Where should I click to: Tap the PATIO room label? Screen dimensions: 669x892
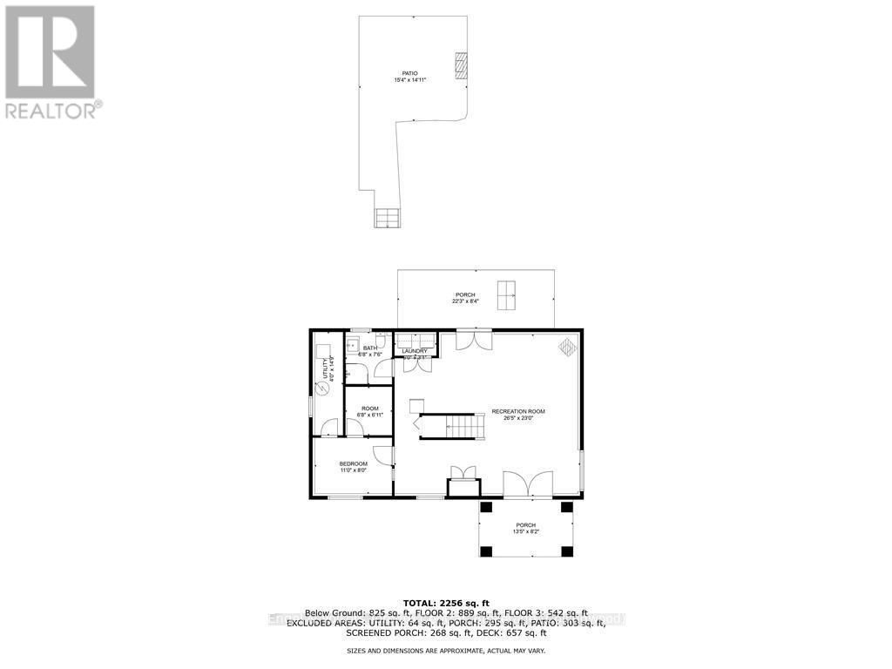[409, 77]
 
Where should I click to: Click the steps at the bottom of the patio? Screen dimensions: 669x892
[387, 218]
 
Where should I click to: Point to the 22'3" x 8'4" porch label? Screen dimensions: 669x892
[464, 297]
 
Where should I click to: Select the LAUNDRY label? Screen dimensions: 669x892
[415, 353]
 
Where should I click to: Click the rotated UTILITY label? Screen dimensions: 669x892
[331, 370]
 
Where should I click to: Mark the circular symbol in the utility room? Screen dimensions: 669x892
[321, 389]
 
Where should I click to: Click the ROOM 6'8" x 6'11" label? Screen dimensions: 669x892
[370, 411]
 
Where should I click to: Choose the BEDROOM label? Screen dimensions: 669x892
[353, 466]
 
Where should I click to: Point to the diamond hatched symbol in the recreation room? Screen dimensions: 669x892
[567, 346]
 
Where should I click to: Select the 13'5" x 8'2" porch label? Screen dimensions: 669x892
[525, 528]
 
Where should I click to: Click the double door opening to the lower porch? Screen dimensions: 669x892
[528, 484]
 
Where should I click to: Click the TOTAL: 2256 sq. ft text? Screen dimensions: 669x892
[446, 603]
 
